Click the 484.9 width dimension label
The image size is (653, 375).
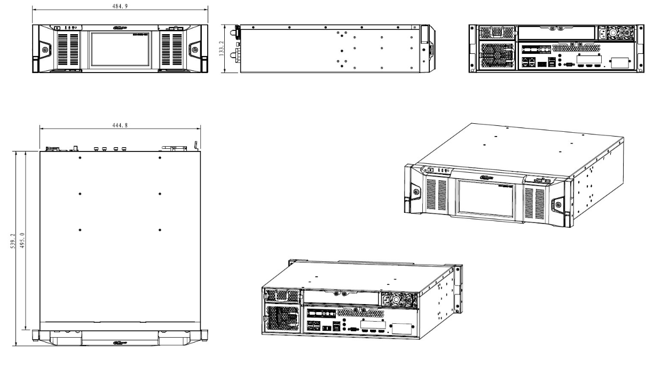coord(120,5)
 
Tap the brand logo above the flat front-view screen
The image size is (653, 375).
coord(120,27)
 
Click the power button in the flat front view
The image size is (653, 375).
coord(57,27)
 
